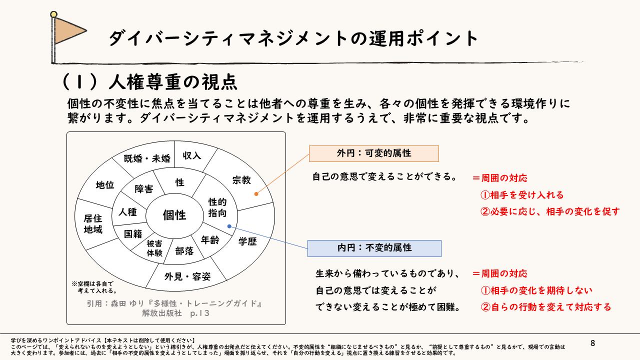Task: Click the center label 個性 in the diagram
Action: pos(174,215)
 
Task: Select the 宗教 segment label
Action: pos(241,179)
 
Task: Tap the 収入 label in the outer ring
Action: pos(192,155)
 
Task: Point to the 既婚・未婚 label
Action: pos(147,159)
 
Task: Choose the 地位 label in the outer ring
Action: pos(105,185)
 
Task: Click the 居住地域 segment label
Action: pos(93,224)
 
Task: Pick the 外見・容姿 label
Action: pos(187,276)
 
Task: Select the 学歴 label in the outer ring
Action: pos(247,241)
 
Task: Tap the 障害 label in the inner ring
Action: pos(144,189)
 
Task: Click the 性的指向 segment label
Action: pos(217,207)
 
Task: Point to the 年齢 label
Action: pos(210,240)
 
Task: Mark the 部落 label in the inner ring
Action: pos(184,251)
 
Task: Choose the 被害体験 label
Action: pos(154,248)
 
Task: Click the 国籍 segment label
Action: pos(133,233)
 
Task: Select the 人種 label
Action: pos(127,211)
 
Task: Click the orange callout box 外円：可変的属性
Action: pos(373,153)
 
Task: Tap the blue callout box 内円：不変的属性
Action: pos(374,248)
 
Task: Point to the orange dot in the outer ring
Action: pos(255,193)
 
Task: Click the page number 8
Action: pos(593,343)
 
